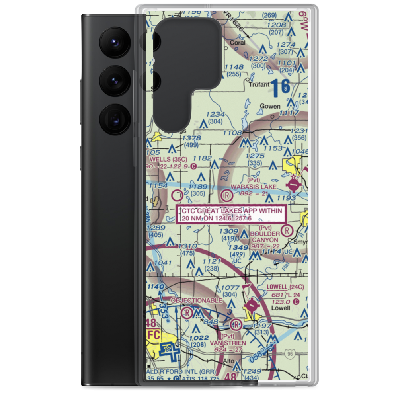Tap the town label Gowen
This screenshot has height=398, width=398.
pyautogui.click(x=270, y=106)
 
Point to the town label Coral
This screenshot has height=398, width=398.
pyautogui.click(x=238, y=43)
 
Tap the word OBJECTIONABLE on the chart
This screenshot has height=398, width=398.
pyautogui.click(x=196, y=300)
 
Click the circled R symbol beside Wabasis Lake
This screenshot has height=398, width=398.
pyautogui.click(x=226, y=195)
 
